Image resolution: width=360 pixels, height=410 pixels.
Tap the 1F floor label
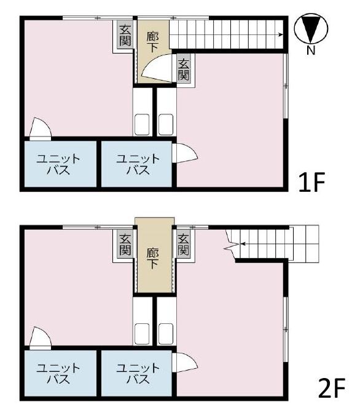click(311, 182)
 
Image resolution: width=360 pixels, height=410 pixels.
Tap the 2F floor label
click(332, 388)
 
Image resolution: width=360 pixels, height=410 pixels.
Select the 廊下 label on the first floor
click(153, 41)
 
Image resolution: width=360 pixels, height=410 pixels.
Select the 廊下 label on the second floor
click(153, 258)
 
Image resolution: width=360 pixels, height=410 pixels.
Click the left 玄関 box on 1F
click(125, 36)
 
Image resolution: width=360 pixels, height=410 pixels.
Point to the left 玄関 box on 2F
click(125, 245)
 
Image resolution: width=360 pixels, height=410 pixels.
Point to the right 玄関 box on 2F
click(184, 245)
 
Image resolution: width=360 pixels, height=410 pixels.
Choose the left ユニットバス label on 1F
click(58, 164)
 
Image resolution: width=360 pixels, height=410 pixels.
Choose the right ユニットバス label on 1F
click(138, 164)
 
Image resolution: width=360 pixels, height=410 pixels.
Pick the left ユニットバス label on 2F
click(58, 373)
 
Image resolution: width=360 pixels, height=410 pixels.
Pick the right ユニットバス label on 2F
click(138, 373)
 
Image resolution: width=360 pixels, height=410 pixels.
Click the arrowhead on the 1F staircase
click(281, 34)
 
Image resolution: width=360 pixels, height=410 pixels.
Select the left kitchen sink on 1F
click(142, 124)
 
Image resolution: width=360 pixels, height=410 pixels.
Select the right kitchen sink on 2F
click(166, 334)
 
